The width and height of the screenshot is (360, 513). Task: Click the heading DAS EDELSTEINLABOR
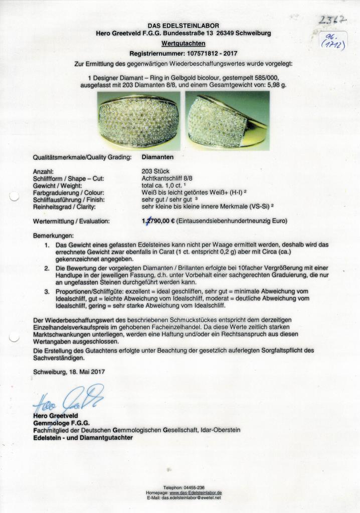coord(183,26)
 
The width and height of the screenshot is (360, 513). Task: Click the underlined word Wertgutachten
coord(183,44)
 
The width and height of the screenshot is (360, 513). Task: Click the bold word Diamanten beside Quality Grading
coord(158,157)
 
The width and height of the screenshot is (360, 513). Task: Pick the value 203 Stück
coord(156,171)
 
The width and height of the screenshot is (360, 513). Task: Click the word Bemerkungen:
coord(53,235)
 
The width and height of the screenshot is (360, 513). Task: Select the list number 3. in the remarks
coord(47,291)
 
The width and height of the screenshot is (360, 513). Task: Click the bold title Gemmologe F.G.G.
coord(61,423)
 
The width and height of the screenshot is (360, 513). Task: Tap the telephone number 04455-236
coord(193,488)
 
